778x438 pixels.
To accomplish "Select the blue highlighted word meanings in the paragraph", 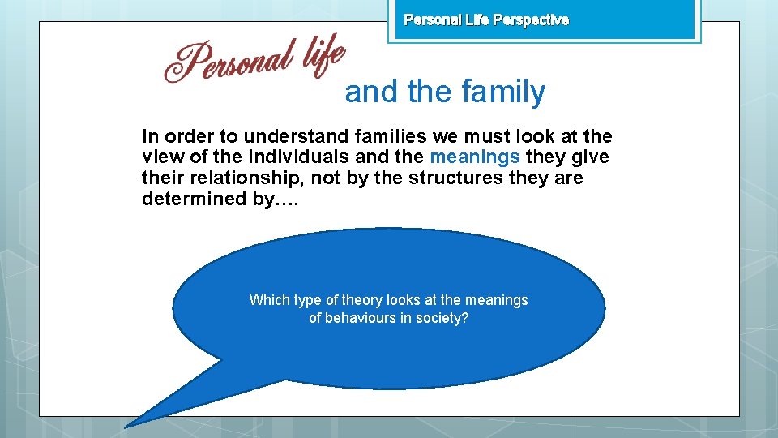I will coord(475,157).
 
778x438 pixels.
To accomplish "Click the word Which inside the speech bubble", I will coord(268,300).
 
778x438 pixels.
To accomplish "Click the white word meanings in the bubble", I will coord(495,300).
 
